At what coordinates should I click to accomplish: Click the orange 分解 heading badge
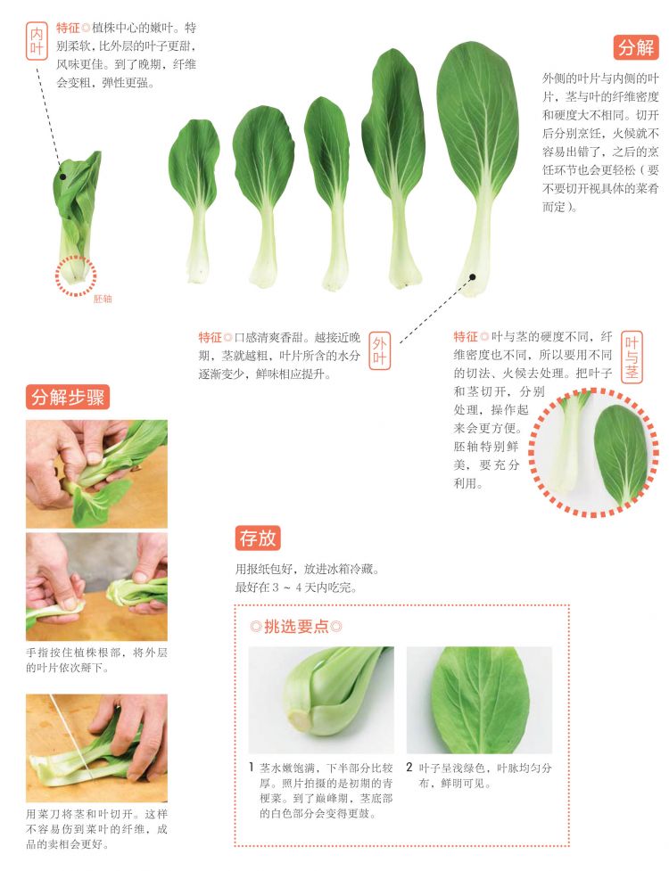[637, 47]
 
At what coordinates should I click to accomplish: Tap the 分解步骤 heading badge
[68, 398]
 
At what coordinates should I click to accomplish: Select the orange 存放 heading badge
[257, 538]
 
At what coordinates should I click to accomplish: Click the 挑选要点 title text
[296, 627]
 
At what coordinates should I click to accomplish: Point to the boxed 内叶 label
[37, 41]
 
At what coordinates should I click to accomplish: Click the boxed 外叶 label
[380, 351]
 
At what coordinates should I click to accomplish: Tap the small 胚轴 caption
[103, 299]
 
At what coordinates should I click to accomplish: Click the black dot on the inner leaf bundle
[62, 177]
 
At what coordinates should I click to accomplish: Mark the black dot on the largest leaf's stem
[472, 276]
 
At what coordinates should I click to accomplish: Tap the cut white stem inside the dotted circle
[569, 444]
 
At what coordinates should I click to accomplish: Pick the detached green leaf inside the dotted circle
[621, 456]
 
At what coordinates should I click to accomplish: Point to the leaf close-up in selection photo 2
[480, 699]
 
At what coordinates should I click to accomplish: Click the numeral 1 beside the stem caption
[252, 768]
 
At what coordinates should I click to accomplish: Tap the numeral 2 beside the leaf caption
[409, 768]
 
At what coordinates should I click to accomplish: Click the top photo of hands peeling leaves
[96, 473]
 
